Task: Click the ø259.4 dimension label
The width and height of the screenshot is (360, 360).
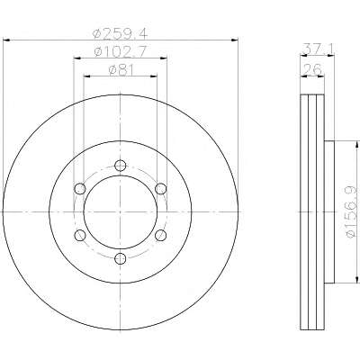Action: [x=121, y=33]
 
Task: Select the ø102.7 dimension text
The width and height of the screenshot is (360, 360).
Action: [x=120, y=51]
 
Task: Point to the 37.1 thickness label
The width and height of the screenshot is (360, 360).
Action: [x=318, y=49]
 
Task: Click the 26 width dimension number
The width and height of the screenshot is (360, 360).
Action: [x=312, y=69]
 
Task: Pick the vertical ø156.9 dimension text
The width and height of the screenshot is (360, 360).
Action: [x=351, y=211]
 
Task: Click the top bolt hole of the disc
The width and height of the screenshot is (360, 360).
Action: [x=121, y=165]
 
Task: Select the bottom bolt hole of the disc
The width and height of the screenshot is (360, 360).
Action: [x=121, y=258]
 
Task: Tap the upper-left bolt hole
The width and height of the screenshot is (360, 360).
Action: [x=80, y=188]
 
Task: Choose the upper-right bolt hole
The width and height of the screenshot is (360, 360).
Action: [x=161, y=188]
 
